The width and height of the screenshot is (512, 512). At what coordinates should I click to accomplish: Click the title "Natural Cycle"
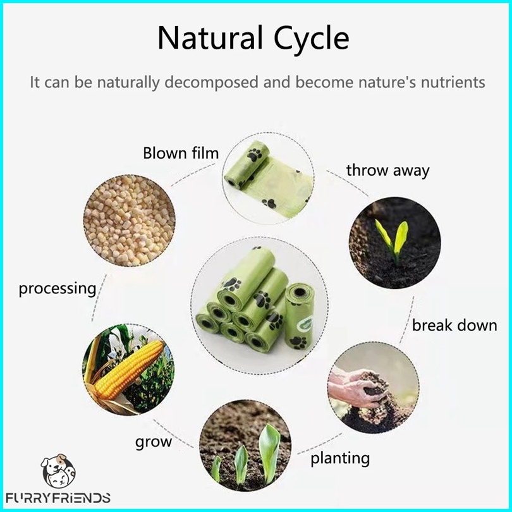[x=253, y=38]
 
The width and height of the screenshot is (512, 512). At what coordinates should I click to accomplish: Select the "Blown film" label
[x=181, y=153]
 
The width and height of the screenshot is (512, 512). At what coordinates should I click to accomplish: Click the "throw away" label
[x=387, y=171]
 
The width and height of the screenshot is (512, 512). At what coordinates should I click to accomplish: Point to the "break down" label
[x=454, y=326]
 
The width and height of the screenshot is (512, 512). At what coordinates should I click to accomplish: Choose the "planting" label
[x=340, y=458]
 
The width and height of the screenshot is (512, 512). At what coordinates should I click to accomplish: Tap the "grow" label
[x=154, y=442]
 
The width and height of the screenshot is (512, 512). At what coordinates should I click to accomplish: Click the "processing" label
[x=58, y=289]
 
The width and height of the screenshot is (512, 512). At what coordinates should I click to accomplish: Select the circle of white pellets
[x=130, y=221]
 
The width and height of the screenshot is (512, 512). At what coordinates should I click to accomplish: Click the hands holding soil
[x=359, y=389]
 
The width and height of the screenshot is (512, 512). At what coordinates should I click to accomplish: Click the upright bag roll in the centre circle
[x=299, y=317]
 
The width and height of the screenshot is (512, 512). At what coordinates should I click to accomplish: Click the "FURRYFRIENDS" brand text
[x=58, y=498]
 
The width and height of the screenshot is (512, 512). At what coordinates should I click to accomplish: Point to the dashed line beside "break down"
[x=407, y=320]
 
